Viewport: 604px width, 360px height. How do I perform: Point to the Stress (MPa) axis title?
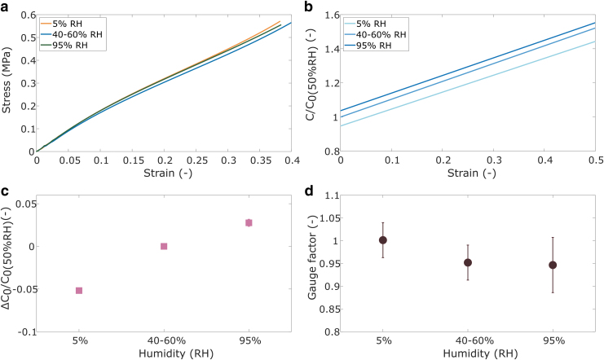9,83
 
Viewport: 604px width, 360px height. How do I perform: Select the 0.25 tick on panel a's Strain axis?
196,161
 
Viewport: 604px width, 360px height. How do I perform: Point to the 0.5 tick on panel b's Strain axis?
593,161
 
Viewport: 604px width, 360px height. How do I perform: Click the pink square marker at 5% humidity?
79,290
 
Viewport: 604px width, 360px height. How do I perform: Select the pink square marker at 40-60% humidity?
164,246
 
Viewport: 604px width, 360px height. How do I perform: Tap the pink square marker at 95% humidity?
249,222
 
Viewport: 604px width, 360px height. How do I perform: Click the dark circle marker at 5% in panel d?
382,239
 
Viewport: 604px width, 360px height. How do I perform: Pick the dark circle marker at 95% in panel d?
553,265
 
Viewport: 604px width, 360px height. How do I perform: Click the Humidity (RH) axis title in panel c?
164,355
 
